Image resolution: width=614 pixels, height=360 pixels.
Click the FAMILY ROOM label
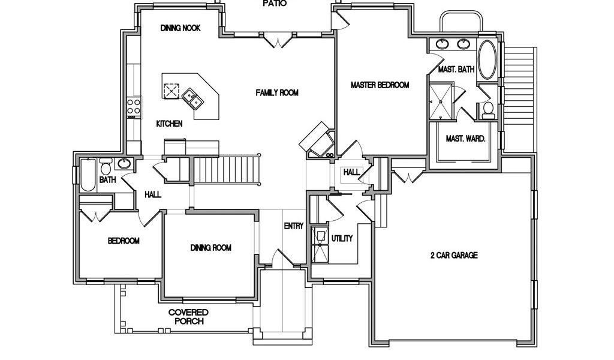coord(277,92)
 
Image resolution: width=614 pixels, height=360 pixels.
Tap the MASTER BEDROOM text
coord(380,85)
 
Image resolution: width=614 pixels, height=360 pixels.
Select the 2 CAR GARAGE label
coord(453,255)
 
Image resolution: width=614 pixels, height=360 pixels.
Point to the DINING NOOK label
coord(180,28)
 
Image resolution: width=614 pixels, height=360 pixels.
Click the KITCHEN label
coord(169,124)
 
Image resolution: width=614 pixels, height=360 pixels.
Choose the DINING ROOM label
coord(211,248)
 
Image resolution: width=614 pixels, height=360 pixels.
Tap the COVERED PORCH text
coord(188,317)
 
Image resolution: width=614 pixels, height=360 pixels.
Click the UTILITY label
coord(342,238)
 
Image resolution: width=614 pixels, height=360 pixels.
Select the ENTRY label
coord(294,226)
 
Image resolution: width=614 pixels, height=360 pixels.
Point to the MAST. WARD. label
coord(465,139)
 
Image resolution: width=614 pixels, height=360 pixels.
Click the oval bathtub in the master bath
coord(487,59)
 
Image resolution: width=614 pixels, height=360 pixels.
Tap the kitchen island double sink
coord(192,97)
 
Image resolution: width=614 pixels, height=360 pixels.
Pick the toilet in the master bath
coord(488,110)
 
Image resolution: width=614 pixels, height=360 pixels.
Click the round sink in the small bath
coord(125,164)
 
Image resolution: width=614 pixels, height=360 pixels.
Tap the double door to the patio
coord(280,41)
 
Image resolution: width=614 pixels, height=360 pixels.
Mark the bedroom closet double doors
coord(96,215)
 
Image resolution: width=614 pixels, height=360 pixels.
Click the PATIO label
coord(275,4)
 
